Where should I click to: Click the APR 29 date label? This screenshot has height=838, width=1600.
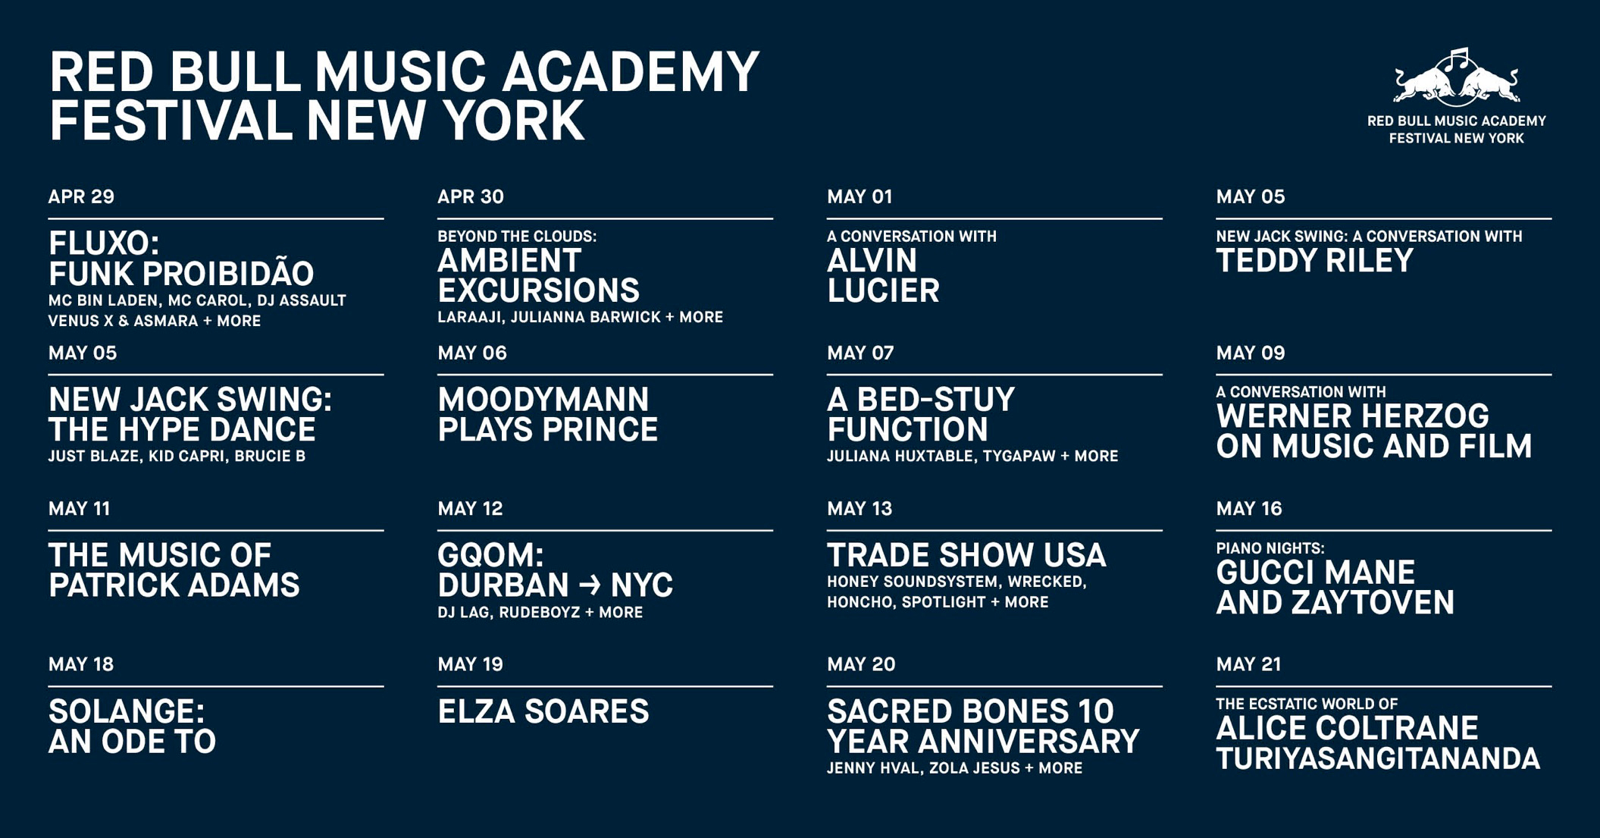pyautogui.click(x=81, y=197)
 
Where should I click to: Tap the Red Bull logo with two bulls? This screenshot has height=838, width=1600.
pyautogui.click(x=1456, y=77)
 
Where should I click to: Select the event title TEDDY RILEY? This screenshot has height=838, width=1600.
pyautogui.click(x=1314, y=261)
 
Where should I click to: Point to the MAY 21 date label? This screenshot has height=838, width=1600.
pyautogui.click(x=1248, y=664)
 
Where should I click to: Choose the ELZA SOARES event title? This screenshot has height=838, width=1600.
pyautogui.click(x=543, y=712)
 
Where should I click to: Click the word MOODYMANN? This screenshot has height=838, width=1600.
pyautogui.click(x=543, y=400)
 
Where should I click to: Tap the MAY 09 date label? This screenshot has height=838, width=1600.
pyautogui.click(x=1251, y=353)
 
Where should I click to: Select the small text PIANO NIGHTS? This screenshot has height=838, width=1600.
pyautogui.click(x=1270, y=548)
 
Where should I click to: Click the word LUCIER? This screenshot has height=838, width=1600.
pyautogui.click(x=883, y=291)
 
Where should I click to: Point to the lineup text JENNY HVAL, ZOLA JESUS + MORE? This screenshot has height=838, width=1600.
pyautogui.click(x=954, y=768)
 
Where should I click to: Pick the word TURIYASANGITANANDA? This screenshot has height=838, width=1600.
pyautogui.click(x=1378, y=759)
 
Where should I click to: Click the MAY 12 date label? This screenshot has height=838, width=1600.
pyautogui.click(x=470, y=509)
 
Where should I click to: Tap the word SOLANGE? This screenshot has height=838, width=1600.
pyautogui.click(x=127, y=712)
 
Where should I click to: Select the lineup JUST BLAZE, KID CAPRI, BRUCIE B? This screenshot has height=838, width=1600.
pyautogui.click(x=177, y=457)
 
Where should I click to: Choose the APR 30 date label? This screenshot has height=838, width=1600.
pyautogui.click(x=471, y=197)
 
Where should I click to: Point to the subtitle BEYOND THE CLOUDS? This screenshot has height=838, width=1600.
pyautogui.click(x=517, y=237)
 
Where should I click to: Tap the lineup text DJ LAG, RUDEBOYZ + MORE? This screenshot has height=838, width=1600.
pyautogui.click(x=540, y=613)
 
